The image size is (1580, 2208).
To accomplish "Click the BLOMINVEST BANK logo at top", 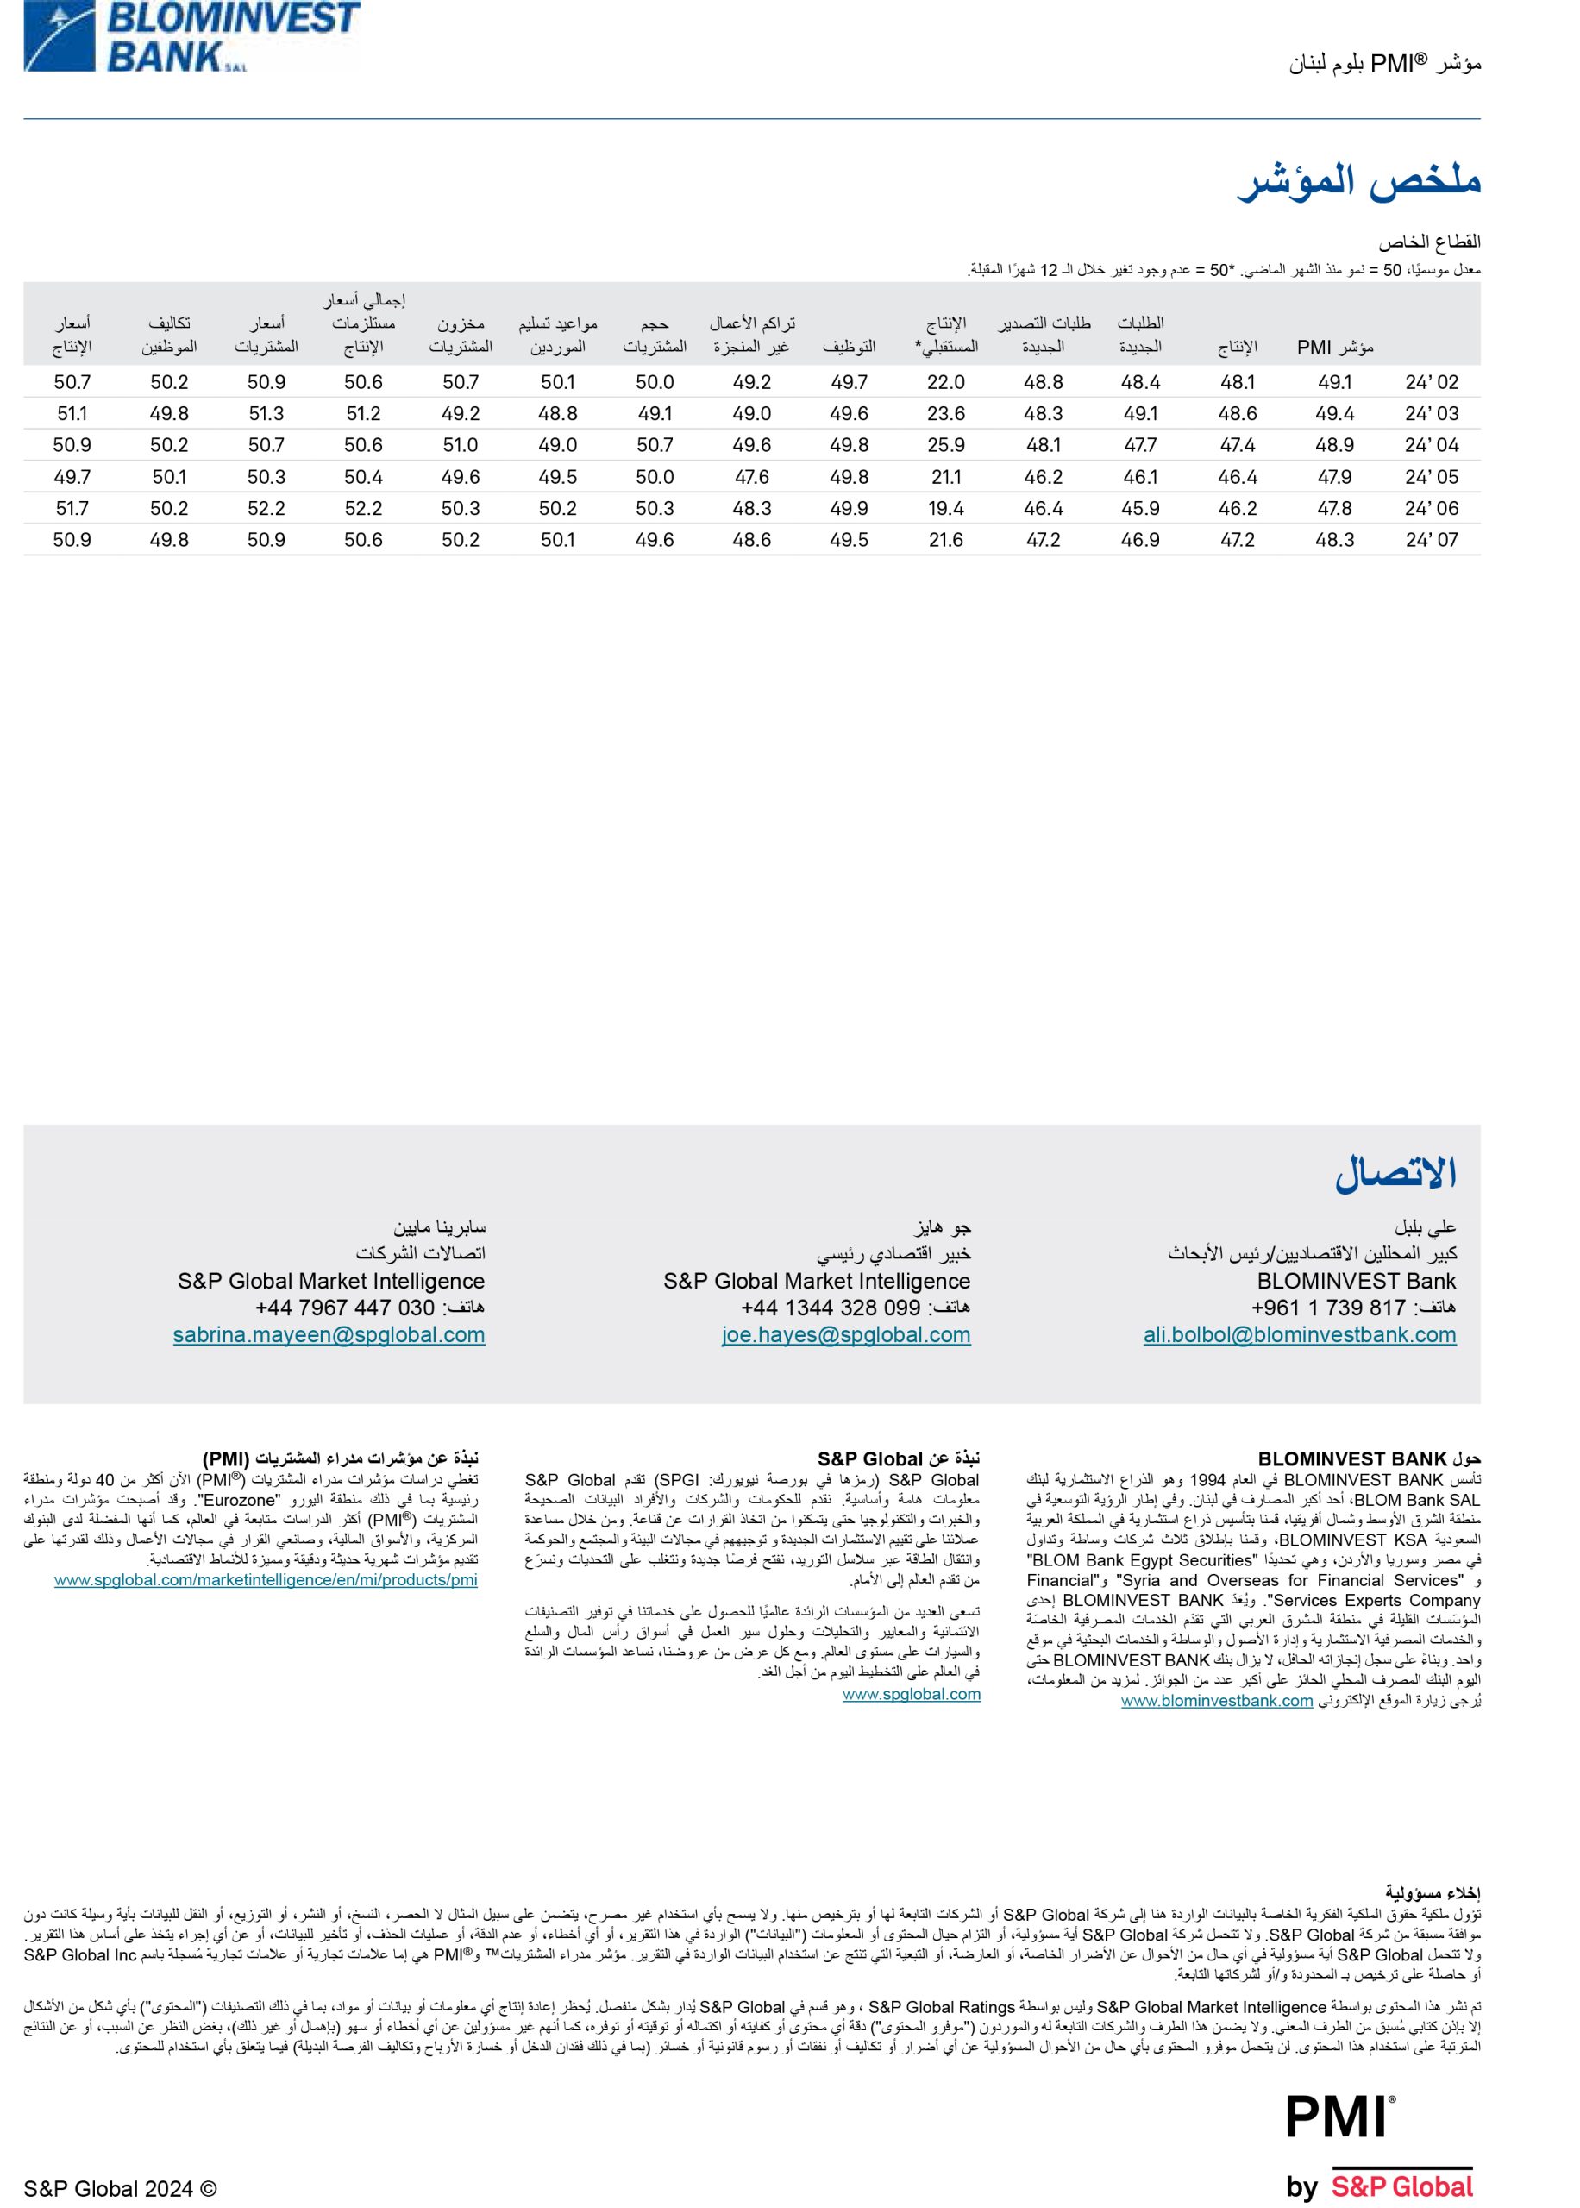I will point(191,36).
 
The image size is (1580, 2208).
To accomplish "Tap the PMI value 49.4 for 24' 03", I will point(1335,413).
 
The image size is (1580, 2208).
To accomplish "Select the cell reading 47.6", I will point(751,477).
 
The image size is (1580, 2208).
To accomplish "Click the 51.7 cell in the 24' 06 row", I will point(72,509).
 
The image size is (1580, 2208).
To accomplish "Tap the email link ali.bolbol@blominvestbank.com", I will point(1300,1334).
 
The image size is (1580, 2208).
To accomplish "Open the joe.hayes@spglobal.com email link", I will point(845,1334).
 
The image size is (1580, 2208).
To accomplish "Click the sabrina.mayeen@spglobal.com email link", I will point(329,1334).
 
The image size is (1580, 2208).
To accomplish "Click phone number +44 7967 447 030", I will point(344,1308).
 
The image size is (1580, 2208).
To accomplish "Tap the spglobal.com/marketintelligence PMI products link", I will point(266,1579).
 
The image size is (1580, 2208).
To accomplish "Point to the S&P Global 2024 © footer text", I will point(121,2188).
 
